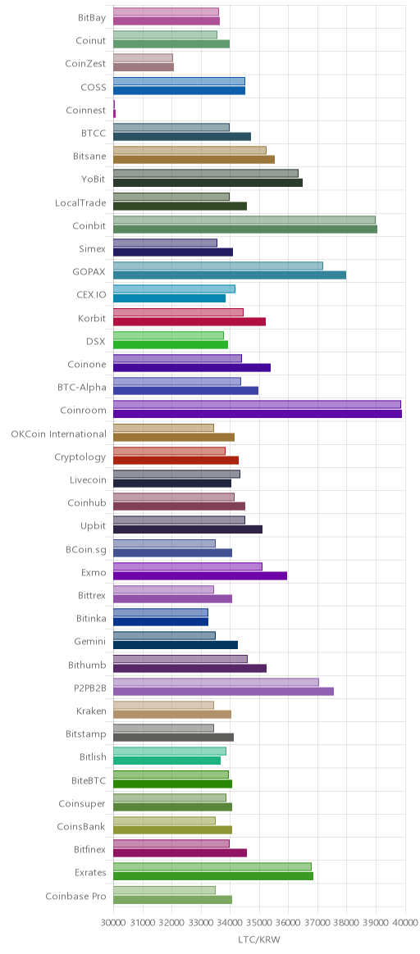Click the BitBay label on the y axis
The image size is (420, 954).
point(92,18)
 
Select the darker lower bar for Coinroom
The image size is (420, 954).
point(258,414)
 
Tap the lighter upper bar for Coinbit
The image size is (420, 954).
point(244,220)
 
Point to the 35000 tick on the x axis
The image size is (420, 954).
point(259,922)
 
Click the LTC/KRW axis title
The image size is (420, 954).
point(259,940)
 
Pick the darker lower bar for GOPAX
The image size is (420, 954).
point(230,275)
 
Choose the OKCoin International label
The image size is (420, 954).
point(58,434)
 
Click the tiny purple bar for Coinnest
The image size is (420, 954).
point(114,109)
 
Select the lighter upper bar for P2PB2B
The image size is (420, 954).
point(216,682)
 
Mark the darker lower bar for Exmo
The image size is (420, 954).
point(200,575)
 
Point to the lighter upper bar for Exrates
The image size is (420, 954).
point(212,866)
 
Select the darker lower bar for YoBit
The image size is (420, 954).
point(208,183)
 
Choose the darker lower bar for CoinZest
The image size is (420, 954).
point(144,67)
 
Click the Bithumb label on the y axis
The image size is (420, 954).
point(87,665)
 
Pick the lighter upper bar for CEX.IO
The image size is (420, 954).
point(174,289)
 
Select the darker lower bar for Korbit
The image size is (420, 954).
point(189,321)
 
